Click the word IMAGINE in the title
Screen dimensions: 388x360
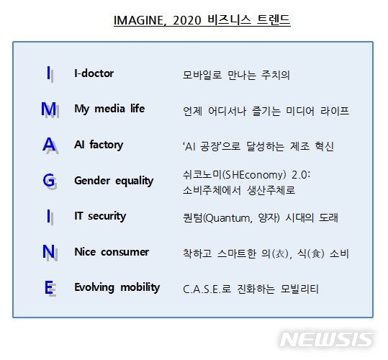coord(138,20)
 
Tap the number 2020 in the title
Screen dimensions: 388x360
coord(187,20)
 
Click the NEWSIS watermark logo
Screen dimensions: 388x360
coord(327,339)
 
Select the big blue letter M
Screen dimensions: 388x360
coord(48,109)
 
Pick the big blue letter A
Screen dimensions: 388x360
coord(49,144)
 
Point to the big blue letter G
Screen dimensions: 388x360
coord(48,180)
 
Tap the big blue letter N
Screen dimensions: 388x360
coord(48,251)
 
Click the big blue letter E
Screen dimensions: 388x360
coord(48,287)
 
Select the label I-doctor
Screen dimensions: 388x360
coord(94,73)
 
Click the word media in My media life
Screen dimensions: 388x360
coord(109,109)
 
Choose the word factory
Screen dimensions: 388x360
coord(106,145)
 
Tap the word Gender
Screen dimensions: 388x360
coord(92,181)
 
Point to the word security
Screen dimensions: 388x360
coord(107,216)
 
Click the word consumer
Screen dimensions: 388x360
coord(125,252)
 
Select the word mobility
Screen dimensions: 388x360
coord(140,287)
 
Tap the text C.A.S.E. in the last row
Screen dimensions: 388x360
coord(202,289)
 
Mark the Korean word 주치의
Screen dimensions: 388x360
coord(275,75)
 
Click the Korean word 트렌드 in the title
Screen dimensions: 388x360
coord(274,19)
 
